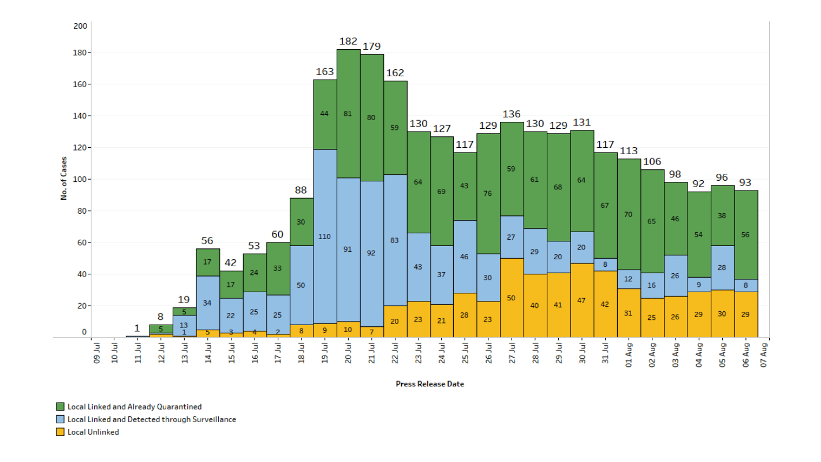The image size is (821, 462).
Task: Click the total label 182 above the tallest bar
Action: [x=348, y=42]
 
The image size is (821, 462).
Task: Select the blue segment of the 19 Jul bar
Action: [x=325, y=236]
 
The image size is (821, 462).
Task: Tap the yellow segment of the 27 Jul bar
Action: [x=512, y=298]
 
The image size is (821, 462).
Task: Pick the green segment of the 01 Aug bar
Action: [x=629, y=214]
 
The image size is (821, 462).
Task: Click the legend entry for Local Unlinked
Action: [x=93, y=432]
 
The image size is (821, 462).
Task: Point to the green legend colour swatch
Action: [x=60, y=407]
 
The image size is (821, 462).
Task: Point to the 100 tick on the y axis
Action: [x=80, y=179]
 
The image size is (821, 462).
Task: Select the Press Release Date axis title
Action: [x=430, y=384]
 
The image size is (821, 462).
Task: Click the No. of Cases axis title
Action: [x=64, y=178]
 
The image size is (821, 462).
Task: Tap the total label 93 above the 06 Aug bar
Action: [x=745, y=182]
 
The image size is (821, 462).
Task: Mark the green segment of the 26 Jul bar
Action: [x=488, y=193]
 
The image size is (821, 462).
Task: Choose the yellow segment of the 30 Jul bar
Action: [x=582, y=300]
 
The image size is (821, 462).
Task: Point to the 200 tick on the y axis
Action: [x=80, y=26]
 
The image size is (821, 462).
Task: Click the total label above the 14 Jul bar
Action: [x=208, y=241]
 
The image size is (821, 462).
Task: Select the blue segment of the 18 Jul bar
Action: [x=301, y=285]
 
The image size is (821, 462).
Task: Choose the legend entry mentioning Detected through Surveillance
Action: [x=152, y=419]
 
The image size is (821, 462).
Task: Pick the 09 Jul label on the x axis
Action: [x=97, y=353]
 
